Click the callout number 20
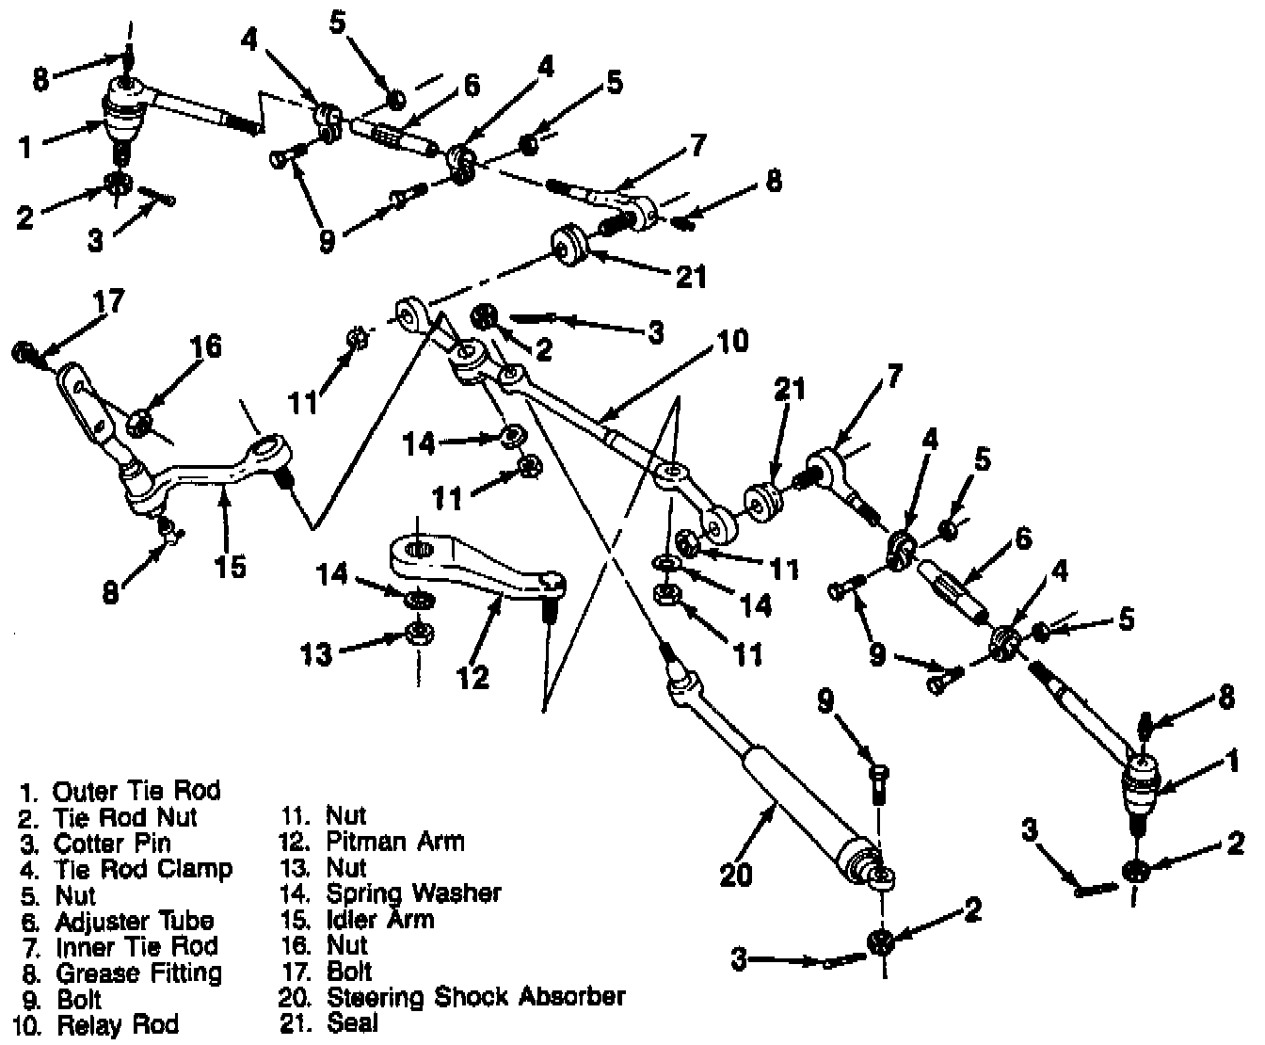tap(737, 876)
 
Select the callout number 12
tap(473, 675)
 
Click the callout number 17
tap(108, 304)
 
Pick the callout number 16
tap(205, 346)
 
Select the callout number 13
tap(316, 654)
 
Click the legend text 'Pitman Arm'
tap(395, 841)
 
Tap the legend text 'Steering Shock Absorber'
tap(475, 995)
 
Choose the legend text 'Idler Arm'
tap(380, 919)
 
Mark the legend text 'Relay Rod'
tap(118, 1024)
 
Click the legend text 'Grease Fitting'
tap(139, 973)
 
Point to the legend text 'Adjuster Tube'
tap(135, 921)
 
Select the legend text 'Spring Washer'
tap(413, 892)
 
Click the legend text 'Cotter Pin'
tap(113, 843)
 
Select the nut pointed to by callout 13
tap(415, 632)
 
